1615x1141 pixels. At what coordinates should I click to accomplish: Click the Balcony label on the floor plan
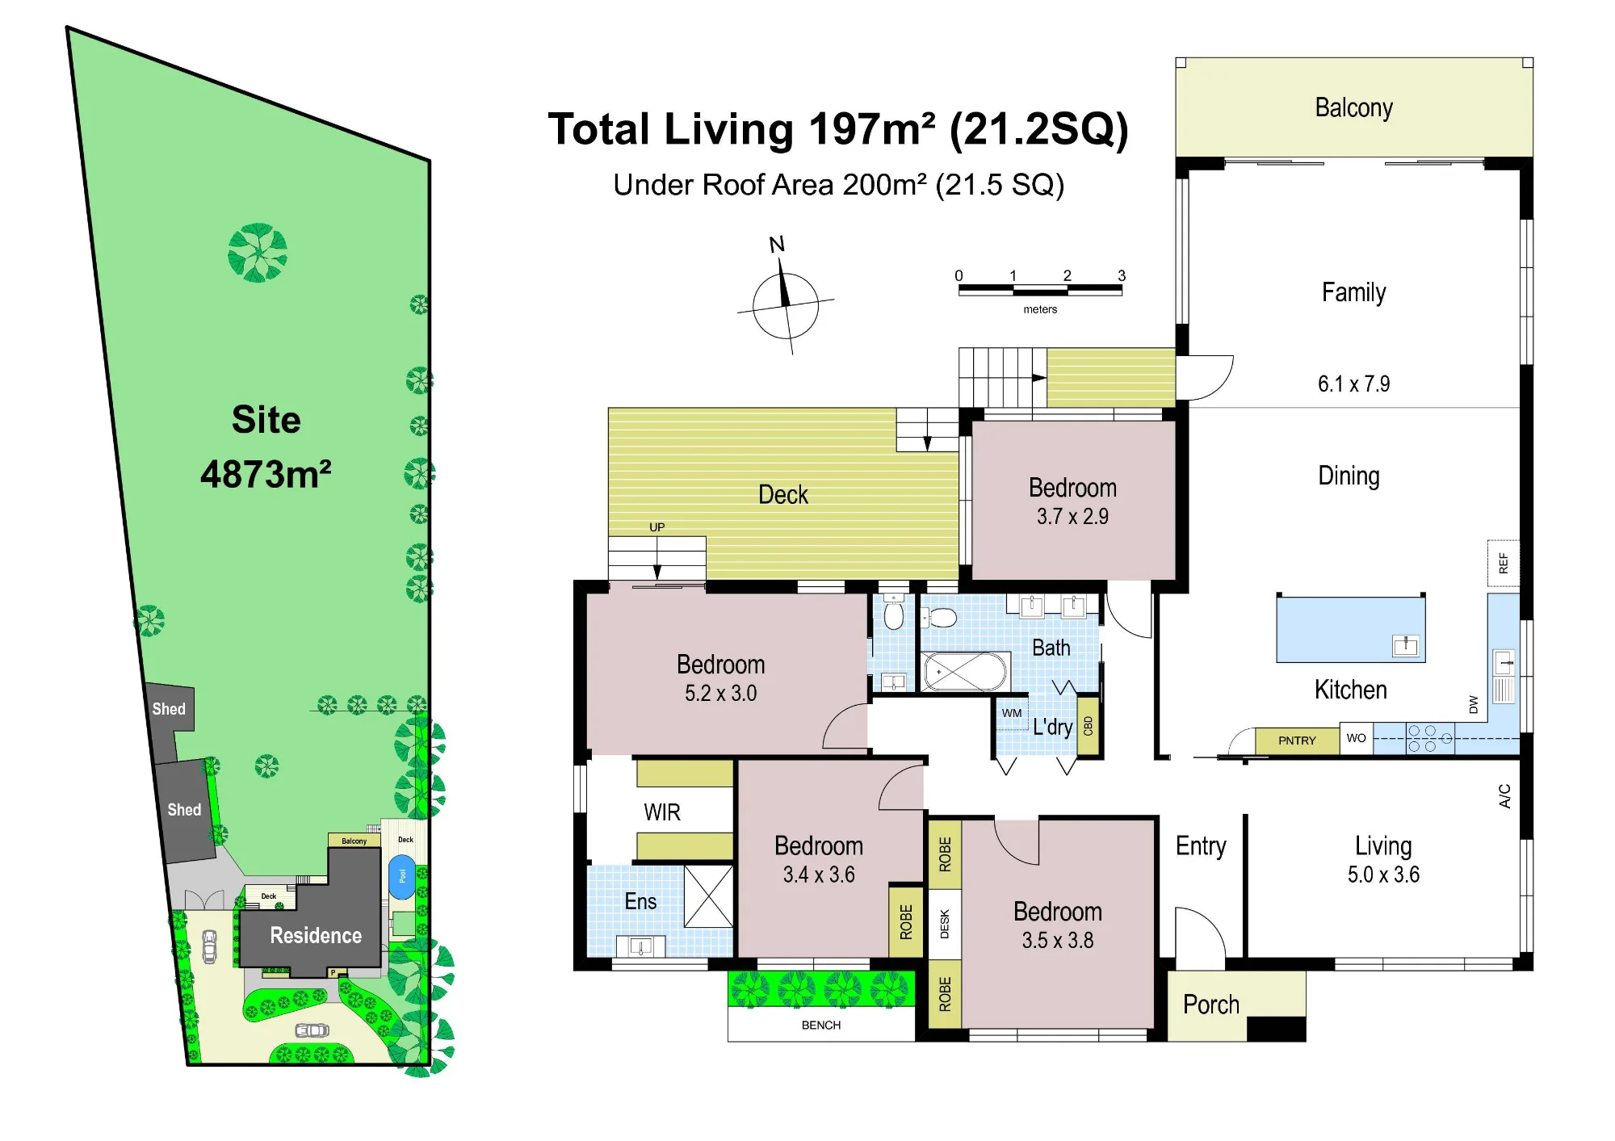(1353, 107)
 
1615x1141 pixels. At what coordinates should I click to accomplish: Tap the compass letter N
(777, 244)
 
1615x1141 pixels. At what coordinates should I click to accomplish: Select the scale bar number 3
(1121, 275)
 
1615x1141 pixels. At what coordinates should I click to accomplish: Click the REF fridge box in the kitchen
(1503, 563)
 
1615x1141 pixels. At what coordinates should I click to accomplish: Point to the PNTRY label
(1297, 740)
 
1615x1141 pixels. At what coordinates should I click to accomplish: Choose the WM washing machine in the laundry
(1012, 714)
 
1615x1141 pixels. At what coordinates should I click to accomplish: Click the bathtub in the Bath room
(966, 671)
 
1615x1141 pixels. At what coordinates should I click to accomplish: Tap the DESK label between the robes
(945, 924)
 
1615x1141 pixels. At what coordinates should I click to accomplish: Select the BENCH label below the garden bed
(821, 1025)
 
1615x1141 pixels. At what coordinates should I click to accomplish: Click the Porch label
(1210, 1005)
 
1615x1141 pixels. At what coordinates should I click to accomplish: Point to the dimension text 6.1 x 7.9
(1353, 384)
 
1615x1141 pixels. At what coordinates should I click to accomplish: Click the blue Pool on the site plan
(402, 876)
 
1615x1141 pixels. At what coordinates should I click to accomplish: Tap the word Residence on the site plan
(316, 935)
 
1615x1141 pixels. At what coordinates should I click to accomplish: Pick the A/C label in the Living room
(1504, 795)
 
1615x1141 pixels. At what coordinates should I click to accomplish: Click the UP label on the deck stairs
(657, 527)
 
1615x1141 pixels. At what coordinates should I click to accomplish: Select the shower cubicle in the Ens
(708, 896)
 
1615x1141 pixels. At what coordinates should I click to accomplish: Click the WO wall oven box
(1357, 738)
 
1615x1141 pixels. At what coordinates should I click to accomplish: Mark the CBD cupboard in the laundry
(1088, 725)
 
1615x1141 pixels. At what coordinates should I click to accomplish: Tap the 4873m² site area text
(266, 474)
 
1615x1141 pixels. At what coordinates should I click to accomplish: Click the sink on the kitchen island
(1406, 645)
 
